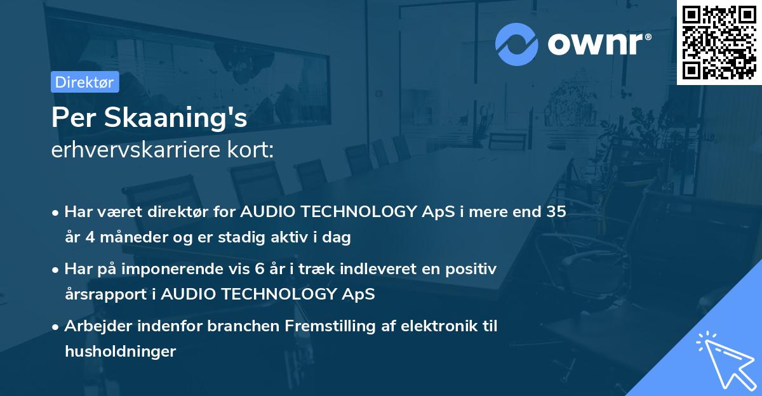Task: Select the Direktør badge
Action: [84, 82]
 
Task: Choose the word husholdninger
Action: [120, 351]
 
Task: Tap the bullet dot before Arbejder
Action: [56, 327]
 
